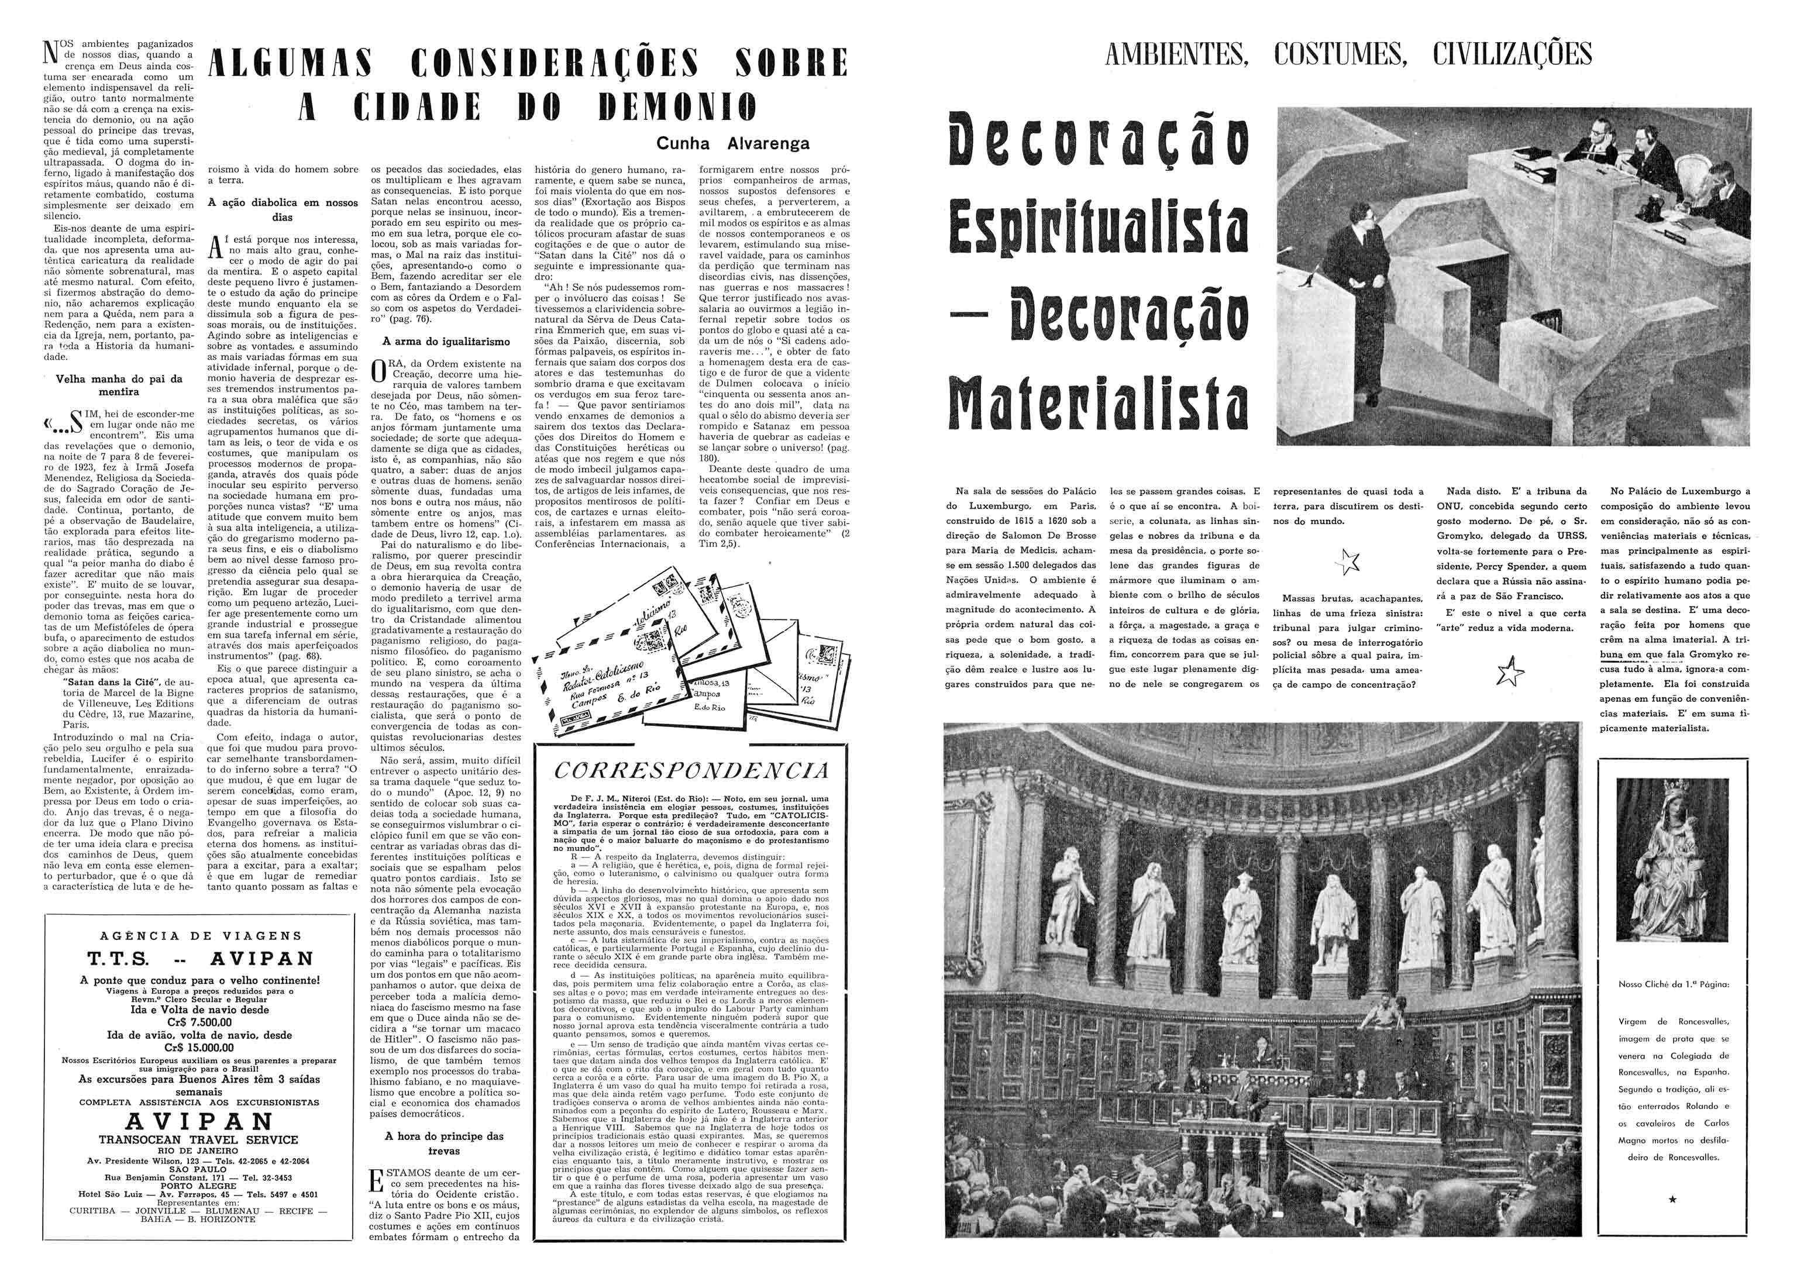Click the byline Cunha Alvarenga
[x=732, y=143]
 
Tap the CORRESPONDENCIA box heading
[x=690, y=771]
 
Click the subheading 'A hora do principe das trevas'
[x=444, y=1143]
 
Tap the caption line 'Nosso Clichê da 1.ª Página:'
[x=1674, y=984]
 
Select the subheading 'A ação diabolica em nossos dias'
[x=283, y=209]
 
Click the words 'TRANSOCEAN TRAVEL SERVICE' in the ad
[x=198, y=1139]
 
